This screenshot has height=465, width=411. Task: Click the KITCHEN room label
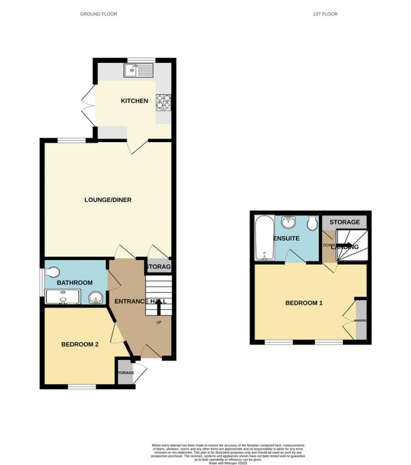[x=134, y=101]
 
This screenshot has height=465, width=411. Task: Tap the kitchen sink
[x=137, y=72]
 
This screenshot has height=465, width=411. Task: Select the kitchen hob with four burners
[x=163, y=102]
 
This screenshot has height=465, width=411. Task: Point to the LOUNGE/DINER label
[x=107, y=200]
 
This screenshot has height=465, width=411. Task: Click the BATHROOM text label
[x=75, y=283]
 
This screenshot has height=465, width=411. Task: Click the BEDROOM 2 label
[x=80, y=345]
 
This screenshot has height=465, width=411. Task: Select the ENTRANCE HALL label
[x=140, y=301]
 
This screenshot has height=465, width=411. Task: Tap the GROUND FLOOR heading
[x=99, y=14]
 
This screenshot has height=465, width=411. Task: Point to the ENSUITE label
[x=287, y=239]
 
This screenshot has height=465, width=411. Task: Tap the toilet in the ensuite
[x=312, y=223]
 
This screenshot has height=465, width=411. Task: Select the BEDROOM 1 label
[x=304, y=303]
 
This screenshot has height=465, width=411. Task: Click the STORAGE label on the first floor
[x=344, y=222]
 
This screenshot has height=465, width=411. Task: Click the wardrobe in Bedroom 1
[x=361, y=320]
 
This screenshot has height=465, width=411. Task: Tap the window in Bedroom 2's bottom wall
[x=82, y=386]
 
